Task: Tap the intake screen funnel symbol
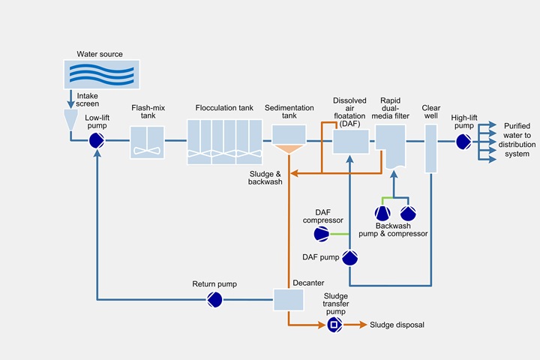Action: pos(71,118)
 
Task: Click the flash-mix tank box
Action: pos(147,141)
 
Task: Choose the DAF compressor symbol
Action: pos(322,235)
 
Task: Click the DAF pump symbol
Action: pos(350,258)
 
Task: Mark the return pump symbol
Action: pos(214,299)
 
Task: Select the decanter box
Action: pos(287,299)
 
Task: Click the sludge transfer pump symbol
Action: pos(334,325)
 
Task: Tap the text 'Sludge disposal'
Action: pos(397,325)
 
